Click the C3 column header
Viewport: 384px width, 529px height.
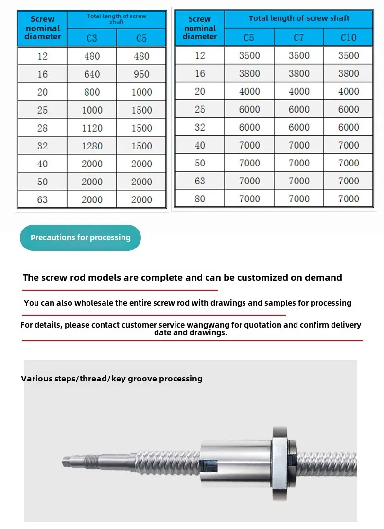[92, 38]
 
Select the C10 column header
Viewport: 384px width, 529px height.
[349, 37]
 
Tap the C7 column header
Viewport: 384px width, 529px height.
[299, 37]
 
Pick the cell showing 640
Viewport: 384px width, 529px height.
[92, 74]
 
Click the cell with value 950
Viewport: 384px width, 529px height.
[141, 74]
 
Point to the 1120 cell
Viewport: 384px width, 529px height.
[92, 128]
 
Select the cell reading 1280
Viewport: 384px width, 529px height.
[92, 146]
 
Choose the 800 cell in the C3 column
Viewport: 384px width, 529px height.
[92, 92]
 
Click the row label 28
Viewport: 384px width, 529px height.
[42, 128]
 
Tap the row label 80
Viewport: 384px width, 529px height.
[200, 199]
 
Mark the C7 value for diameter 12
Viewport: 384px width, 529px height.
[299, 55]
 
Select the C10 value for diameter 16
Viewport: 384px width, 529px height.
[349, 74]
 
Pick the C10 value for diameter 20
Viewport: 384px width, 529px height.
[349, 92]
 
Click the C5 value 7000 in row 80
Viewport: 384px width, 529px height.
[249, 199]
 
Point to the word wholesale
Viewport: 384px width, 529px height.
[94, 303]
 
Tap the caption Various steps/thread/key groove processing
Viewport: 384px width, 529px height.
[112, 379]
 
